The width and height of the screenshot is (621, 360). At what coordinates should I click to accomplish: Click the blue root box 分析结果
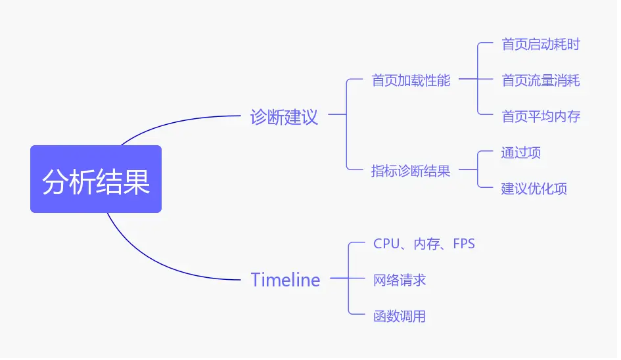click(96, 179)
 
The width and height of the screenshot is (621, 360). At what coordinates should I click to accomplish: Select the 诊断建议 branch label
click(284, 117)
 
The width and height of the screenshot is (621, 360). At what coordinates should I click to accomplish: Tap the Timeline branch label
click(285, 280)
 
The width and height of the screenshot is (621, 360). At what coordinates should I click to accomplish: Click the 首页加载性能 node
click(411, 81)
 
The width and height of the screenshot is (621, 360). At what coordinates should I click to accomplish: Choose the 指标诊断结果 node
click(411, 171)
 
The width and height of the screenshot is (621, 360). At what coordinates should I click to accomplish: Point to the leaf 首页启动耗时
click(541, 45)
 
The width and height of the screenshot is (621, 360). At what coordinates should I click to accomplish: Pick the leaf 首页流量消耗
click(541, 81)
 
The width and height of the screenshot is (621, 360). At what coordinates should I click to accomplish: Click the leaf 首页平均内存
click(541, 117)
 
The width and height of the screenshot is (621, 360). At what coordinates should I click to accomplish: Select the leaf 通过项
click(520, 153)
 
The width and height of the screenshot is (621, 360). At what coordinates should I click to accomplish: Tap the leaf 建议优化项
click(534, 189)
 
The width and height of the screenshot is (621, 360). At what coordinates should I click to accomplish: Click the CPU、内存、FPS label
click(424, 244)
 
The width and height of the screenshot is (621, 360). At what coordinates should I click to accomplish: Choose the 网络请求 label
click(400, 280)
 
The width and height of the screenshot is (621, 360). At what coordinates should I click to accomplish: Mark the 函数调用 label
click(400, 316)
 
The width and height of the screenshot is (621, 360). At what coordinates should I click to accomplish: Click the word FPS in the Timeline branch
click(464, 244)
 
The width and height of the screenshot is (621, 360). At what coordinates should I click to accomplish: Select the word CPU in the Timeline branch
click(386, 244)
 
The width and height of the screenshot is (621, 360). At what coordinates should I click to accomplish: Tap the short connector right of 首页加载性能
click(467, 79)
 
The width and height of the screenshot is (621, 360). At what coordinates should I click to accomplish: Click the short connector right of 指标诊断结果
click(467, 169)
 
